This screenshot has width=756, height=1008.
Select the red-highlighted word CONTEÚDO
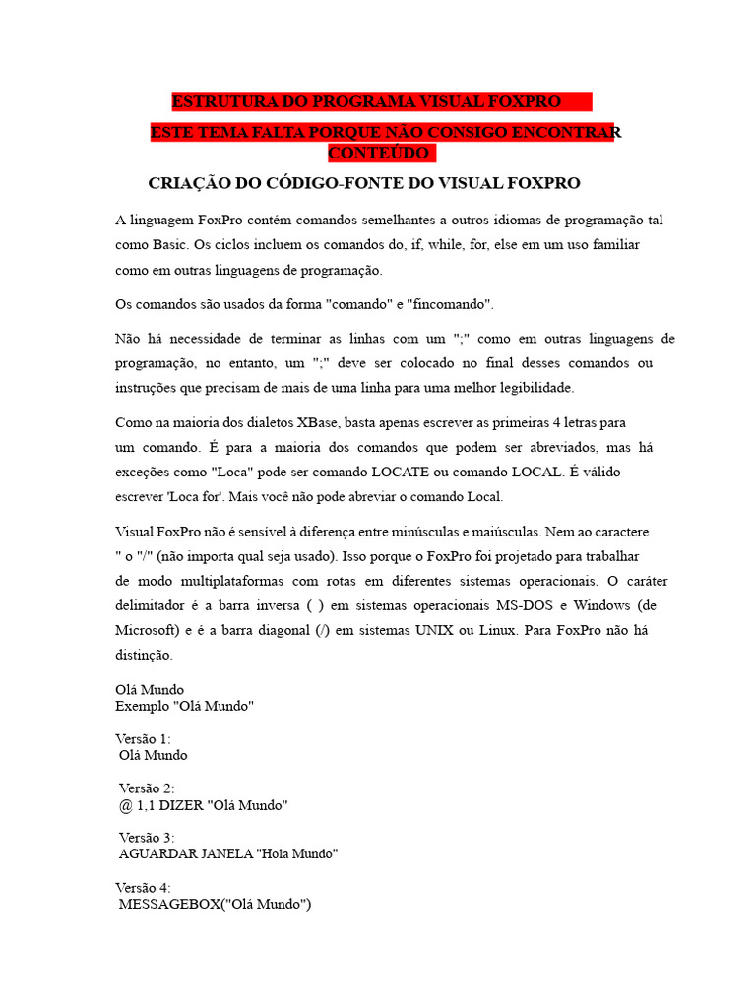[x=378, y=154]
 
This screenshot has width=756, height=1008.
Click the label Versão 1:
[x=143, y=738]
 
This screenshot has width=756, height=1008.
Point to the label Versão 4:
[x=143, y=887]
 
